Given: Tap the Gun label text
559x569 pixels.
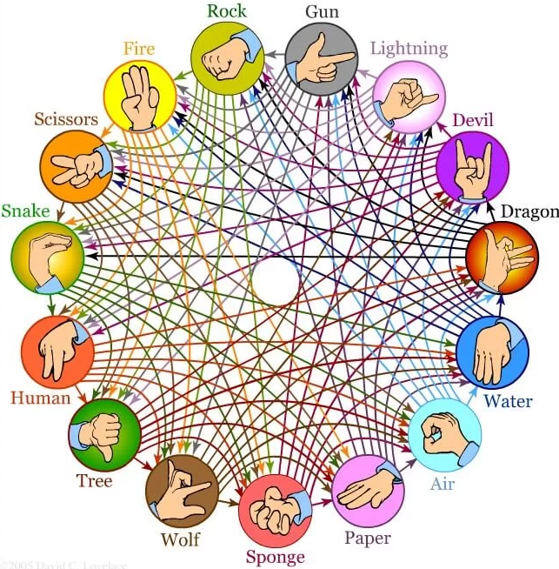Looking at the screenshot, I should click(x=322, y=12).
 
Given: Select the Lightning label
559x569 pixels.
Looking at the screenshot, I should click(x=408, y=48).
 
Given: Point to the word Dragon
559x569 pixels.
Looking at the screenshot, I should click(x=530, y=211).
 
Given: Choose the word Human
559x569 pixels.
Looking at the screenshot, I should click(x=40, y=398).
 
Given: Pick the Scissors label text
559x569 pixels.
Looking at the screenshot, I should click(x=65, y=117).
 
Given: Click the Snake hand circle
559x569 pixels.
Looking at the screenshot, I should click(x=47, y=258).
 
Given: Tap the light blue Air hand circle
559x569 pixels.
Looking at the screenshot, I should click(x=444, y=433).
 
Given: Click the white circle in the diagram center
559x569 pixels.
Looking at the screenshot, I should click(x=276, y=283).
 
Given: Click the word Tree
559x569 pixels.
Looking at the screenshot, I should click(x=94, y=480).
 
